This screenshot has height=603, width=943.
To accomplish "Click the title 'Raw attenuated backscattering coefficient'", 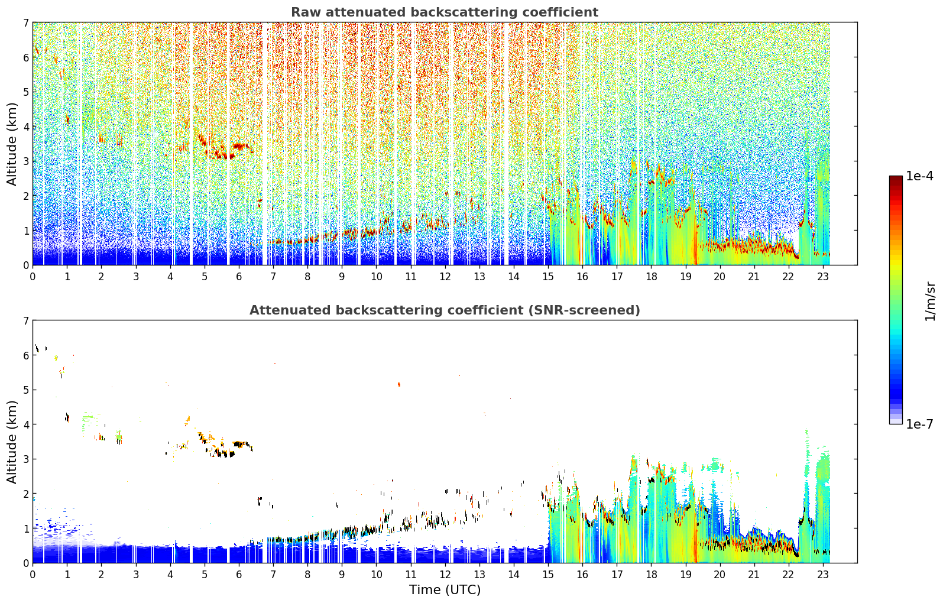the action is pyautogui.click(x=445, y=12).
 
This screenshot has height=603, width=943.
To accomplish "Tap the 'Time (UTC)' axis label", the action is pyautogui.click(x=445, y=589).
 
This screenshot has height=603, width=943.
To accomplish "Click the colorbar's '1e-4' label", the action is pyautogui.click(x=920, y=176).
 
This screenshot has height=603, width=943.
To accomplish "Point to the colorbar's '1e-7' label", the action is pyautogui.click(x=920, y=424).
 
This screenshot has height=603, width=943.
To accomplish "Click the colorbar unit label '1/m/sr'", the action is pyautogui.click(x=930, y=301).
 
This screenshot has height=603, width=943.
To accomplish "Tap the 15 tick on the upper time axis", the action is pyautogui.click(x=547, y=277).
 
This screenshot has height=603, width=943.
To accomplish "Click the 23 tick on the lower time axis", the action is pyautogui.click(x=822, y=575).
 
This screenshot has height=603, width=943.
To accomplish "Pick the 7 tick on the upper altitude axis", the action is pyautogui.click(x=26, y=22).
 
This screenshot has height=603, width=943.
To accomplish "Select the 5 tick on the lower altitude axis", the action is pyautogui.click(x=26, y=390).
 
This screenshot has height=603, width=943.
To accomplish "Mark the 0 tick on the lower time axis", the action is pyautogui.click(x=33, y=575).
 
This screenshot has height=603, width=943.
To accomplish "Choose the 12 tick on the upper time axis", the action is pyautogui.click(x=445, y=277).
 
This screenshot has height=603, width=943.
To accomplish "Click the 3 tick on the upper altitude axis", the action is pyautogui.click(x=26, y=161).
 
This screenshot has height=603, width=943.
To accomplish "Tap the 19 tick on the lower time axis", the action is pyautogui.click(x=685, y=575).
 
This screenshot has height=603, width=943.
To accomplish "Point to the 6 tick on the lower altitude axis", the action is pyautogui.click(x=26, y=355).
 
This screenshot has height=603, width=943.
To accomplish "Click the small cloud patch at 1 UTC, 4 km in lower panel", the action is pyautogui.click(x=67, y=418).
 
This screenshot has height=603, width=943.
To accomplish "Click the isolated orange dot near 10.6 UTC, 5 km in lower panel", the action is pyautogui.click(x=399, y=384).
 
